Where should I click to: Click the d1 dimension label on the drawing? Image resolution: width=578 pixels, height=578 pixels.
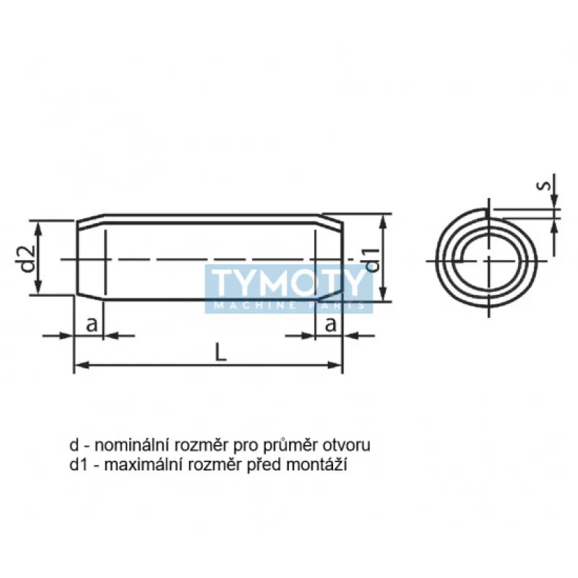[x=371, y=259]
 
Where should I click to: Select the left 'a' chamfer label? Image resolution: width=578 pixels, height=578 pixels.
[x=92, y=324]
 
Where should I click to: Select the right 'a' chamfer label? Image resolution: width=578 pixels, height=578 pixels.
[x=329, y=324]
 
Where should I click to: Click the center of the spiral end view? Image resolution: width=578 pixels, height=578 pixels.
[x=489, y=259]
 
